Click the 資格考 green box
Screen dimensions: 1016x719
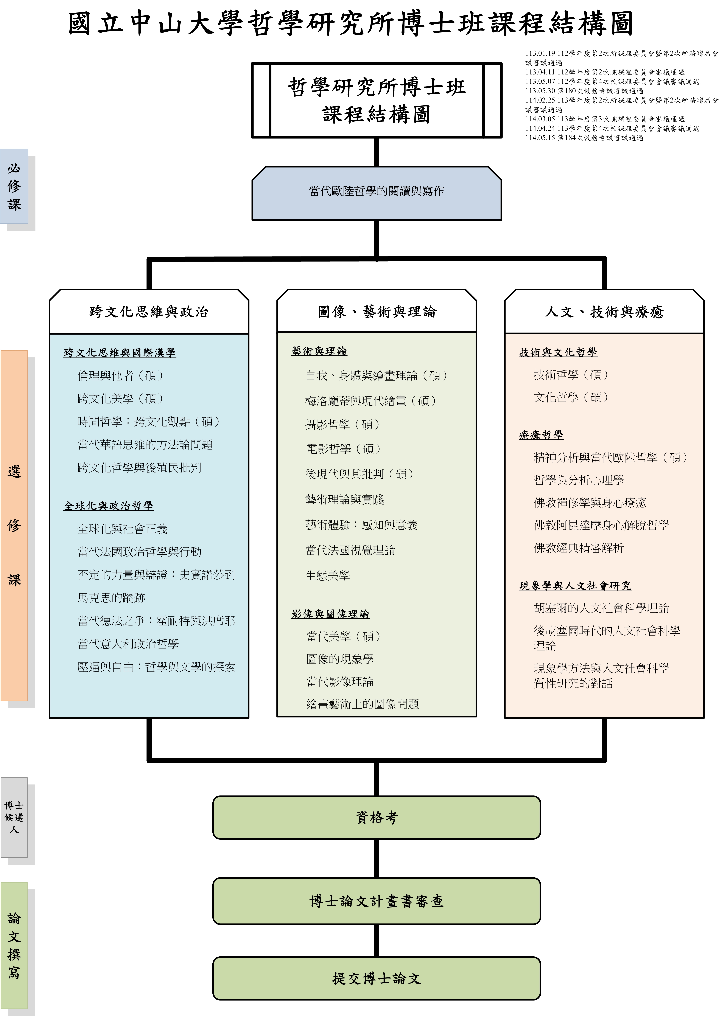tap(376, 817)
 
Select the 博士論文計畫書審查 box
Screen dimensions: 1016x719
tap(376, 901)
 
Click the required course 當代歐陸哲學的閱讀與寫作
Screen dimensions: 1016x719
tap(376, 191)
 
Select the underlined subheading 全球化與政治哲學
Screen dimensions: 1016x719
tap(109, 506)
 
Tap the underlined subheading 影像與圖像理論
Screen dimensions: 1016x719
tap(330, 614)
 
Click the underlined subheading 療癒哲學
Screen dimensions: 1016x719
tap(541, 435)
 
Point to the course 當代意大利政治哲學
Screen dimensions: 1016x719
tap(128, 644)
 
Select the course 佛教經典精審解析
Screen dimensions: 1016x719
tap(579, 548)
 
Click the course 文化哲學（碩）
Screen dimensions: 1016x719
tap(571, 397)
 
